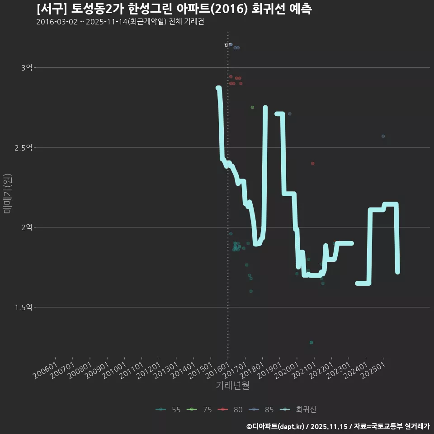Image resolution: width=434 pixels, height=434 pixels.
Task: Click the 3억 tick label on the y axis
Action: (27, 68)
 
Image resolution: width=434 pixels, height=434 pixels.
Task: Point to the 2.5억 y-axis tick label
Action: (24, 147)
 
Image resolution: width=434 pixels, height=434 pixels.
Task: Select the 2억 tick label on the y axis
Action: (27, 227)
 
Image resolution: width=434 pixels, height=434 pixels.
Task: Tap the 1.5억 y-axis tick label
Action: (24, 307)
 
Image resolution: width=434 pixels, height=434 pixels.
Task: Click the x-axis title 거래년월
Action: (233, 386)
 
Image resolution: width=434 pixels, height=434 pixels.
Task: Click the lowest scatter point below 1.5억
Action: (311, 342)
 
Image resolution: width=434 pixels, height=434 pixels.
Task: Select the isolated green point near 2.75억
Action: (252, 107)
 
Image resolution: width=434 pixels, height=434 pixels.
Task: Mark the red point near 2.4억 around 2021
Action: (312, 163)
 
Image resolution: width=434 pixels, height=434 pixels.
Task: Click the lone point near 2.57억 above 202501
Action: (383, 136)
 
